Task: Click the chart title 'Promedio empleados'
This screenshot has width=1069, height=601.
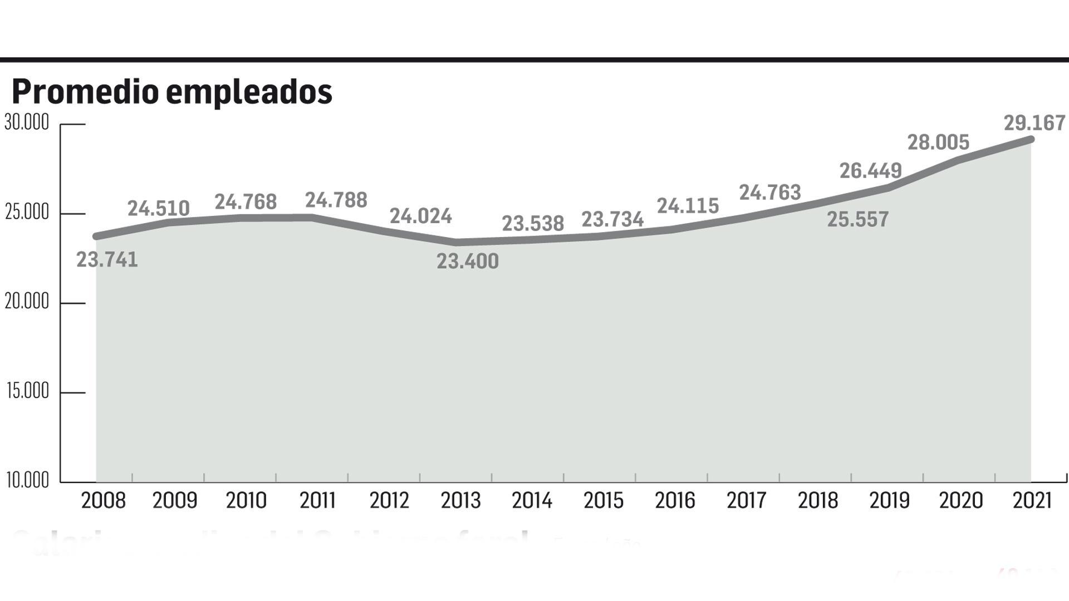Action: pyautogui.click(x=171, y=92)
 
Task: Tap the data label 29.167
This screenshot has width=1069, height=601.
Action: pyautogui.click(x=1034, y=123)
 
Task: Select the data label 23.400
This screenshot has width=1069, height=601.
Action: pyautogui.click(x=467, y=261)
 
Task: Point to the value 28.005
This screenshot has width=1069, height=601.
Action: pyautogui.click(x=938, y=142)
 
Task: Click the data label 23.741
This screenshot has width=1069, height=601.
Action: pyautogui.click(x=107, y=259)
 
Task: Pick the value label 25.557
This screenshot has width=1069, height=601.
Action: pyautogui.click(x=857, y=219)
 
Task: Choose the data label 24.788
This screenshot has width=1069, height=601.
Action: pyautogui.click(x=336, y=200)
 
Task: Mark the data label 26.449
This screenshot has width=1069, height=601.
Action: pyautogui.click(x=870, y=170)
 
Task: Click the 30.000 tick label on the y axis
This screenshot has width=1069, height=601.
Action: pyautogui.click(x=27, y=122)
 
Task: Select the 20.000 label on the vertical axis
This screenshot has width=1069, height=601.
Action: pyautogui.click(x=27, y=302)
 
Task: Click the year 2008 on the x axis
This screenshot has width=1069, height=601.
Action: pyautogui.click(x=104, y=500)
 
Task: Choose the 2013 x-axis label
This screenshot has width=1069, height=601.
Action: pyautogui.click(x=460, y=500)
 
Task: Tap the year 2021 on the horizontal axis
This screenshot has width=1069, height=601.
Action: pyautogui.click(x=1032, y=500)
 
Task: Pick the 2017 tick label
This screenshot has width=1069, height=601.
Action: pyautogui.click(x=746, y=500)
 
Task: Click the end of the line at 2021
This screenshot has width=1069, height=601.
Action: pyautogui.click(x=1031, y=139)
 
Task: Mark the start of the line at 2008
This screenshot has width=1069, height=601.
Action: pyautogui.click(x=97, y=237)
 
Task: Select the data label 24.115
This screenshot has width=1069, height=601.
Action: pyautogui.click(x=688, y=206)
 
